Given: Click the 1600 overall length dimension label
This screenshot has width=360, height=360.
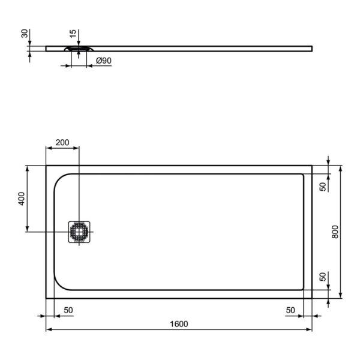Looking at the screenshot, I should [x=179, y=324].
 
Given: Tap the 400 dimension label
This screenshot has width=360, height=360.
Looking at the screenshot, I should [x=21, y=199].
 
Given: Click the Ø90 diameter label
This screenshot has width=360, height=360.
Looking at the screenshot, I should [x=104, y=61].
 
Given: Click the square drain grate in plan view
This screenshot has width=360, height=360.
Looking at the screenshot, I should [x=79, y=232].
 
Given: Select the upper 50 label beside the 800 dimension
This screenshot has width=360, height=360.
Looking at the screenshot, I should [x=323, y=187].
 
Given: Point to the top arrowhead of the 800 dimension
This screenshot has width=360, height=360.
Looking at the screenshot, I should [x=341, y=169].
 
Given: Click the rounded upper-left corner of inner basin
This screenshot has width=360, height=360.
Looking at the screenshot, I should [x=61, y=179].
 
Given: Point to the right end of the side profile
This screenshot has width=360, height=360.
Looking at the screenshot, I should [x=311, y=47].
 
